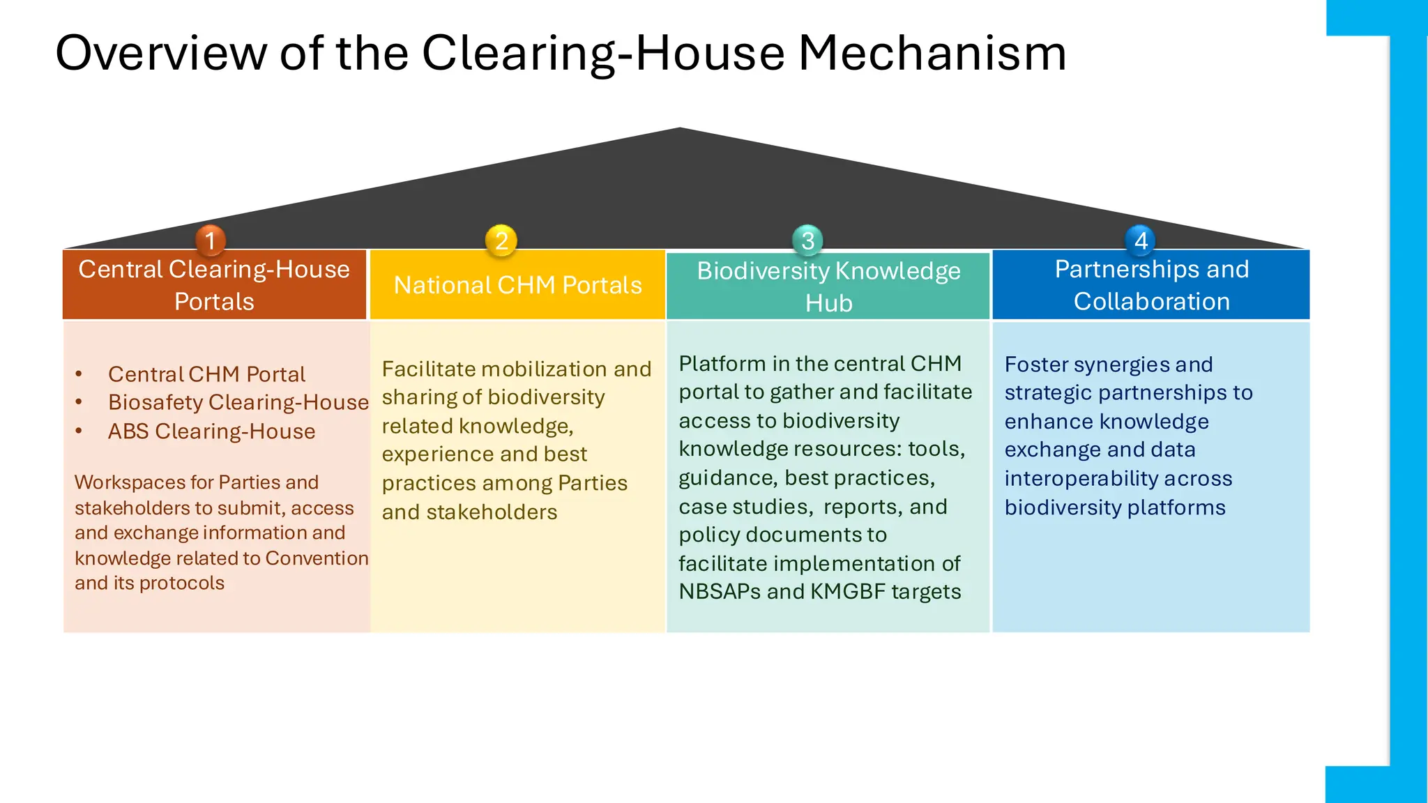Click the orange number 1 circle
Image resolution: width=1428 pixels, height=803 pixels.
click(x=211, y=240)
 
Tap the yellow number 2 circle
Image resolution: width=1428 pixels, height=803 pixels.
click(x=501, y=240)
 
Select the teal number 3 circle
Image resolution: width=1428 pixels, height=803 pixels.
click(x=808, y=240)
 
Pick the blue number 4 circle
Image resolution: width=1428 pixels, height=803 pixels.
click(x=1141, y=240)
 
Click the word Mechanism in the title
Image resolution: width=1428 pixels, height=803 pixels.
click(x=932, y=53)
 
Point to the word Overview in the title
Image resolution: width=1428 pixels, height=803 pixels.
click(x=160, y=53)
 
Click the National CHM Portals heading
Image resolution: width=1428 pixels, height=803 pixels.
click(x=517, y=285)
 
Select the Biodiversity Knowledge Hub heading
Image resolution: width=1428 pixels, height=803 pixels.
click(x=828, y=286)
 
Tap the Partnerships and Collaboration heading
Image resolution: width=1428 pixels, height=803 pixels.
click(x=1151, y=285)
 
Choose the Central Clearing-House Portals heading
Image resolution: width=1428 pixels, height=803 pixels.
click(x=214, y=285)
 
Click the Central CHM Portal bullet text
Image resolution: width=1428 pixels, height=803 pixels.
click(x=206, y=374)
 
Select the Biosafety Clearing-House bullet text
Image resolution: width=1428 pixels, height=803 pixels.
click(x=238, y=402)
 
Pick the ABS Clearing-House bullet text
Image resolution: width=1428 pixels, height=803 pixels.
click(x=211, y=431)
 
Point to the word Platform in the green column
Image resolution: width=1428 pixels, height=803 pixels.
click(x=722, y=364)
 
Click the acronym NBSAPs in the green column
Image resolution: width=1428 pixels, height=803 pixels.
click(x=720, y=592)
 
